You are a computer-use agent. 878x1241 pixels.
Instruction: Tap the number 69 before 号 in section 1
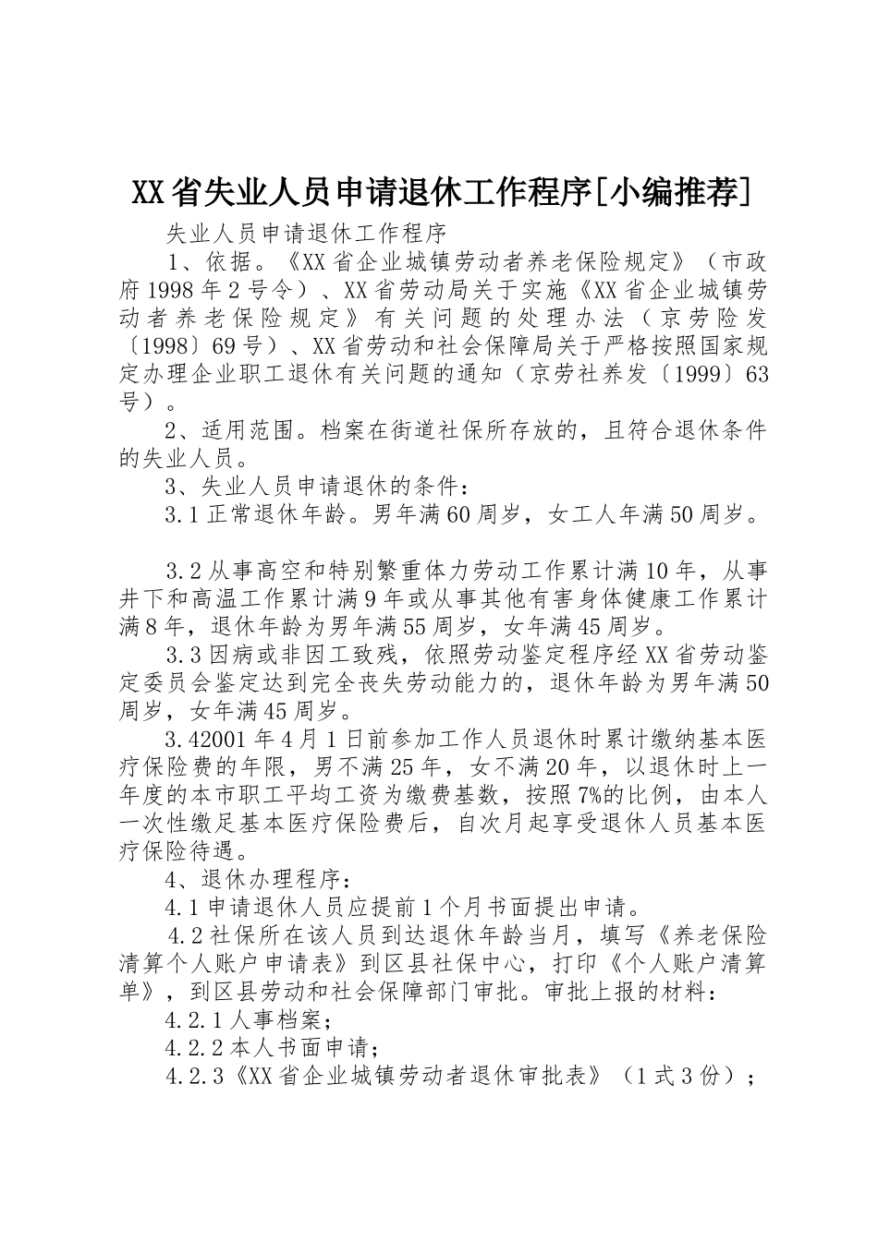click(x=224, y=345)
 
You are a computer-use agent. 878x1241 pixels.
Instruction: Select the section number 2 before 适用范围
click(x=172, y=431)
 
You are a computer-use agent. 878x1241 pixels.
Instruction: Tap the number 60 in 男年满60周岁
click(x=458, y=516)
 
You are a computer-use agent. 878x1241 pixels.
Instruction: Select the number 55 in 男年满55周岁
click(x=418, y=627)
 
